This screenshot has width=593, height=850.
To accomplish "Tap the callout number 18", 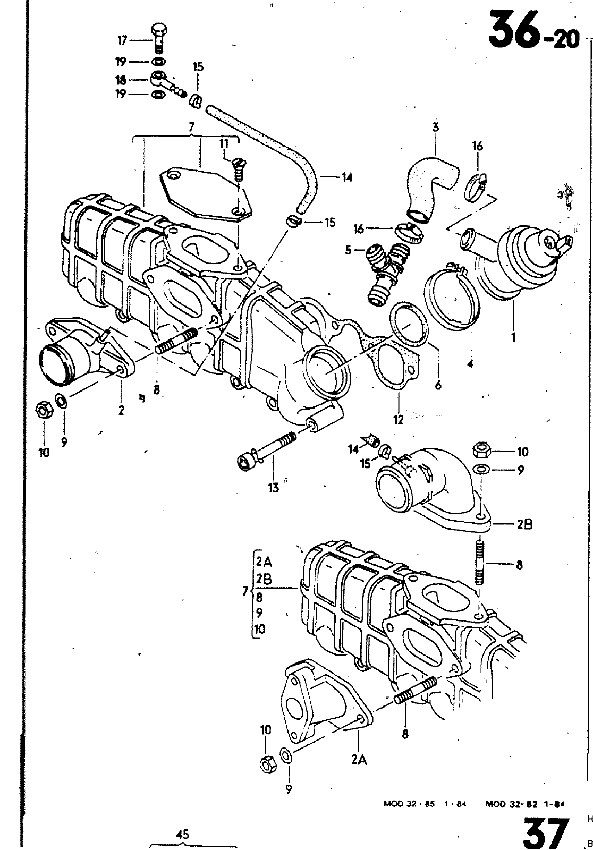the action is coord(122,80).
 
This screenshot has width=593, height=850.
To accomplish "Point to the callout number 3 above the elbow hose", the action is coord(435,127).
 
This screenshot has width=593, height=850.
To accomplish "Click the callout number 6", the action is coord(438,385).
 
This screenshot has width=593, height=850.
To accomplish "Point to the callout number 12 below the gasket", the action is coord(398,420).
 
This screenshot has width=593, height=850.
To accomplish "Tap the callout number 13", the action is coord(273,488).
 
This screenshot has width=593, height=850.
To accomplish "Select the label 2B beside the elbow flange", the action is coord(524,524).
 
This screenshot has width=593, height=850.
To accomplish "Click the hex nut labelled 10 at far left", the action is coord(43,409).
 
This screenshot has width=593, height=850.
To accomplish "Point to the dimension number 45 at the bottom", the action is coord(183,835).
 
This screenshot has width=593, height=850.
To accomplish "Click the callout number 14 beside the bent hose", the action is coord(347,177).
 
